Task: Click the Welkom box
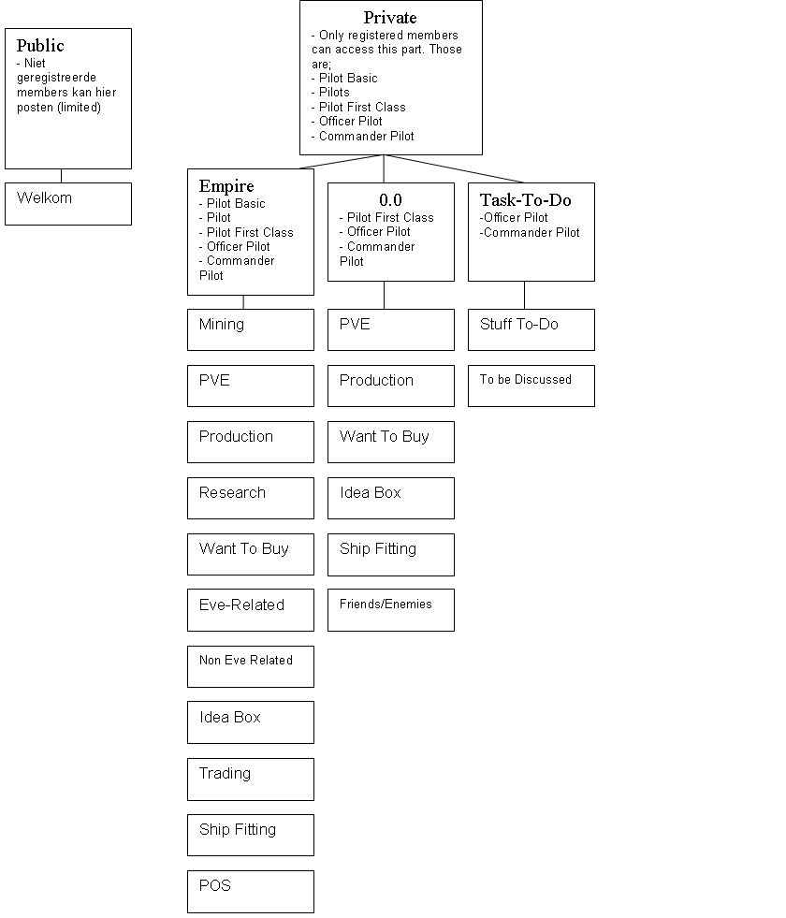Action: [x=67, y=203]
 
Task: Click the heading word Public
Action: [x=40, y=46]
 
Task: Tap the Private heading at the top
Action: [x=390, y=18]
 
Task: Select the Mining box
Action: [x=250, y=329]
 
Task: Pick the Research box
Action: [x=250, y=498]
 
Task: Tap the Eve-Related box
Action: [x=250, y=610]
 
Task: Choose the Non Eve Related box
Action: [x=250, y=665]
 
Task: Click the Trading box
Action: [x=250, y=779]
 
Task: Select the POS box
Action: [x=250, y=891]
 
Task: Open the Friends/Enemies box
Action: [x=390, y=609]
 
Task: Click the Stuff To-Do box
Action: [x=531, y=329]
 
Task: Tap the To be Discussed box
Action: [x=531, y=386]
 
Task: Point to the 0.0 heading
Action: [x=390, y=200]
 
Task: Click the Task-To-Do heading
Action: [x=525, y=200]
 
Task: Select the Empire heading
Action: [x=226, y=186]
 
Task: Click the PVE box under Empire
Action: [x=250, y=386]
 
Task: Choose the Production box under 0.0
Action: [x=390, y=386]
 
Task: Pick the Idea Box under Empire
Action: [x=250, y=722]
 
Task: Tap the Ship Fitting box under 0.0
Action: [x=390, y=554]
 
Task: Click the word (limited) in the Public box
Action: [x=79, y=108]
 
